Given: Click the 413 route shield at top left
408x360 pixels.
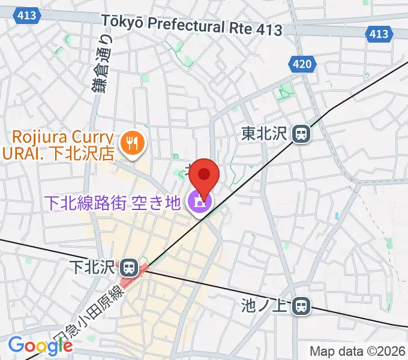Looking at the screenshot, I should [x=26, y=16].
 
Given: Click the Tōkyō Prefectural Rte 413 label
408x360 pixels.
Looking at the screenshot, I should [x=191, y=25].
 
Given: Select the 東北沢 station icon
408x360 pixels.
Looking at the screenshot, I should [x=301, y=133].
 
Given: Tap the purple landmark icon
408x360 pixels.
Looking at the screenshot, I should [x=196, y=203].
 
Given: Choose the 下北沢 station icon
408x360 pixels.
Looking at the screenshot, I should [x=128, y=266].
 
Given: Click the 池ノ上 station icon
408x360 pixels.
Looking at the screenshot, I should [x=301, y=307].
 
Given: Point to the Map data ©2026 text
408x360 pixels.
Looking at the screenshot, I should [x=358, y=351].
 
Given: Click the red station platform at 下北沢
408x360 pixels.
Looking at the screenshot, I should [x=133, y=275].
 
